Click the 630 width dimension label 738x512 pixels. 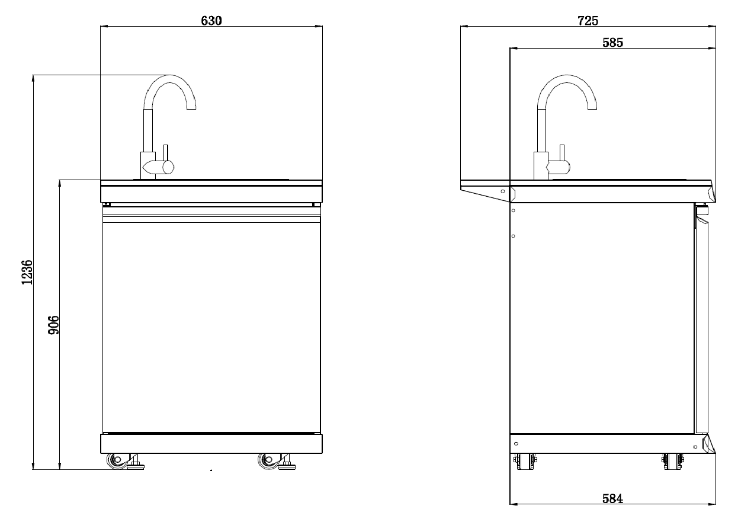(x=211, y=20)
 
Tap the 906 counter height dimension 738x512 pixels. (x=53, y=325)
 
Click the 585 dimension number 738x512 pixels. (x=612, y=42)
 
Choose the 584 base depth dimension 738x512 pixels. (x=612, y=498)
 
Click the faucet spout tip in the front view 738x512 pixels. (x=191, y=107)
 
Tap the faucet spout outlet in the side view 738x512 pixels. (x=592, y=107)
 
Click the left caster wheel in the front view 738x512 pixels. (x=115, y=461)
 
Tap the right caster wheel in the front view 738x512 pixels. (x=267, y=461)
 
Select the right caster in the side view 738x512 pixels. (x=671, y=461)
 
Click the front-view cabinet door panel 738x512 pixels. (x=211, y=326)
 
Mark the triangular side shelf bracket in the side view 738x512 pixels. (x=484, y=190)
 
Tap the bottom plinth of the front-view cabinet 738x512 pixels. (x=211, y=443)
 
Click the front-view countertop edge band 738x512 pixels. (x=211, y=193)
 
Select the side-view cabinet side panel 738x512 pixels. (x=601, y=320)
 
